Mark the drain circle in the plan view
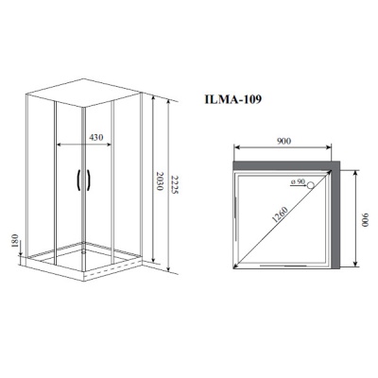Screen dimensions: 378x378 [x=308, y=186]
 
